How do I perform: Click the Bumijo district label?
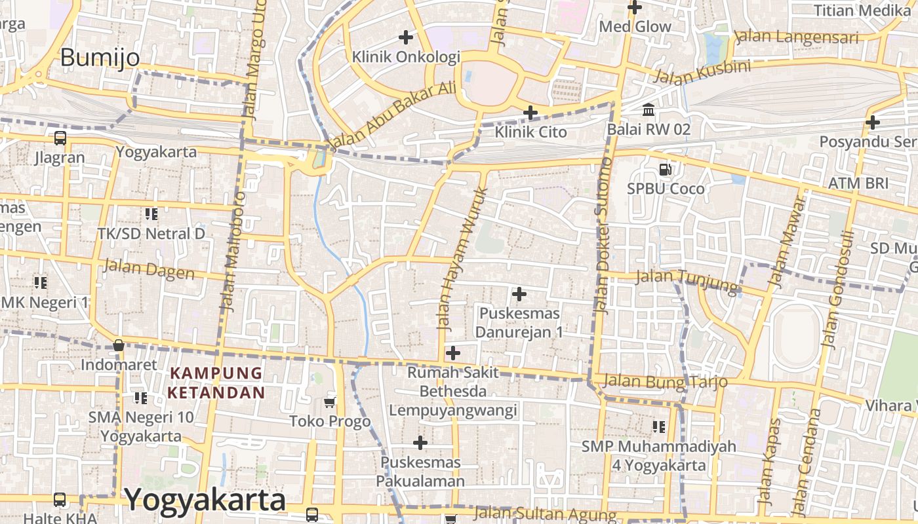click(x=100, y=58)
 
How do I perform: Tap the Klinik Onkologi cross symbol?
click(x=406, y=37)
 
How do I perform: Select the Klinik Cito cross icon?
click(x=530, y=113)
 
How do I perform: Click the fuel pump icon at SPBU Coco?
click(x=666, y=170)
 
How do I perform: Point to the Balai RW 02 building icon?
click(x=649, y=109)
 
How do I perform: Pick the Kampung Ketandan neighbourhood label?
click(x=217, y=383)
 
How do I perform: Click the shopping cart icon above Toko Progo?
click(x=330, y=402)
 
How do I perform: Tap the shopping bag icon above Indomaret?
click(x=119, y=345)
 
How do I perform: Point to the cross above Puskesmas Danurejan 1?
click(x=519, y=294)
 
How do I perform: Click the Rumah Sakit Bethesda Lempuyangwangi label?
click(x=453, y=392)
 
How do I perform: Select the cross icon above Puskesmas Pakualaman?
click(x=420, y=443)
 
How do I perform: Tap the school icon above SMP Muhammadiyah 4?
click(x=659, y=427)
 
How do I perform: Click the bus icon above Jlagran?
click(x=60, y=138)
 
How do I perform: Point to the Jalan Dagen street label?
click(x=149, y=269)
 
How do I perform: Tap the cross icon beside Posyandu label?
click(x=873, y=122)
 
